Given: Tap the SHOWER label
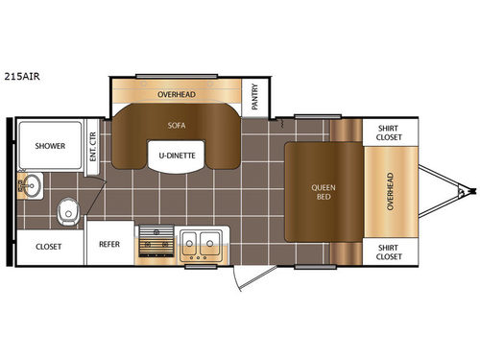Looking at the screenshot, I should coord(51,147).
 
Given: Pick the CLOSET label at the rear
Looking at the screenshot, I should coord(49,246).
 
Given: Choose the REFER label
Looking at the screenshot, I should coord(108,245).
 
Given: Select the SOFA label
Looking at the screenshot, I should coord(177,125).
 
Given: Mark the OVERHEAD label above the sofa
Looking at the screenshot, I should coord(177,95).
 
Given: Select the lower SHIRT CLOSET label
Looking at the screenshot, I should coord(388,252).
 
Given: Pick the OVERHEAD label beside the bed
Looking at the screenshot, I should coord(389,191).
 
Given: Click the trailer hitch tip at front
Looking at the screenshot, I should coord(469,191).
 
